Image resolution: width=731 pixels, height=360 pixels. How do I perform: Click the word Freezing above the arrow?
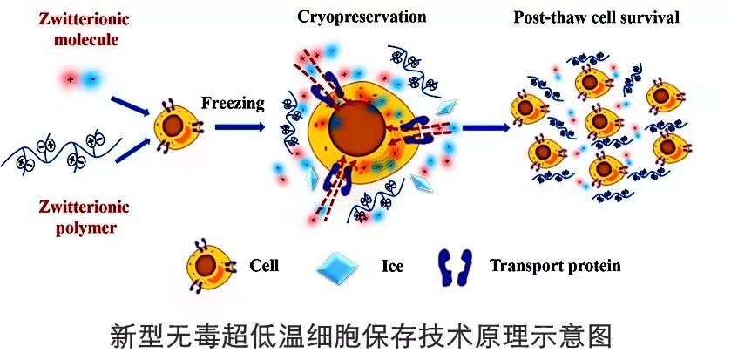(x=233, y=103)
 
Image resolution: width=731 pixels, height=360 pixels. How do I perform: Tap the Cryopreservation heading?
(x=362, y=17)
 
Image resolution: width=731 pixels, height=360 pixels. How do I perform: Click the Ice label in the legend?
(x=393, y=266)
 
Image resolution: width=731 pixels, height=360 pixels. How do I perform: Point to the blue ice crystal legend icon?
(x=337, y=268)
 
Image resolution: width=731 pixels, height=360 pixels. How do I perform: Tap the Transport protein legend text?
(x=555, y=266)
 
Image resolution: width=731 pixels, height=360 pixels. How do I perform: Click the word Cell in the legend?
(x=264, y=266)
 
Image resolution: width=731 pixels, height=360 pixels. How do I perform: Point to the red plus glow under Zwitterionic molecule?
(x=71, y=79)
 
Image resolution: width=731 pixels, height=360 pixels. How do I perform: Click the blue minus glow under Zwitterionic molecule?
(x=92, y=79)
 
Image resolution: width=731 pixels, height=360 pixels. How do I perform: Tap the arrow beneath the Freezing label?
(x=240, y=126)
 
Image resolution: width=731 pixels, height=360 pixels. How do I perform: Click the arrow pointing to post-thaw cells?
(x=485, y=127)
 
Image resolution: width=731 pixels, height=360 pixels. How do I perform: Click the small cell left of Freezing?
(x=179, y=126)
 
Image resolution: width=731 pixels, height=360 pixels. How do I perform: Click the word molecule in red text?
(x=86, y=39)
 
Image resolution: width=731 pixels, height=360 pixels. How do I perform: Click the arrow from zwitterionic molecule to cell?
(x=130, y=106)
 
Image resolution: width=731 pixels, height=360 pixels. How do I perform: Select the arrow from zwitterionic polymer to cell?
(x=132, y=150)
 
